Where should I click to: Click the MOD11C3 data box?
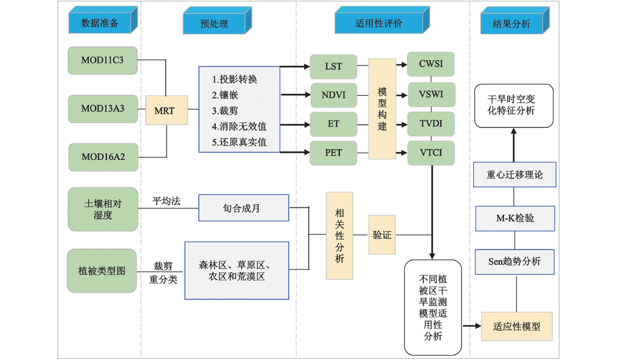click(x=102, y=61)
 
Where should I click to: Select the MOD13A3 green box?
click(x=102, y=109)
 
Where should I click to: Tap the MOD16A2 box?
click(x=102, y=157)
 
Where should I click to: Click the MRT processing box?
click(x=166, y=111)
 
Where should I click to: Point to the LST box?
click(x=333, y=67)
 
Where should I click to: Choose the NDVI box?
click(x=333, y=95)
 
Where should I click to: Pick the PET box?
click(x=333, y=152)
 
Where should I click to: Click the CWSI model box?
click(x=430, y=64)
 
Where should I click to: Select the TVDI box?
click(x=430, y=123)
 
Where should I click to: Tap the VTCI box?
click(x=430, y=153)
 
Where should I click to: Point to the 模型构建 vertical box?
click(x=382, y=109)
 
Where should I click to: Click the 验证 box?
click(x=382, y=235)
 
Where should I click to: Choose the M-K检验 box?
click(x=516, y=218)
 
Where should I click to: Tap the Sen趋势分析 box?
click(x=516, y=261)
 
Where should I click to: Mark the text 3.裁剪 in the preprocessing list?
click(x=225, y=111)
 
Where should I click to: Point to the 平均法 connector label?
click(x=167, y=201)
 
